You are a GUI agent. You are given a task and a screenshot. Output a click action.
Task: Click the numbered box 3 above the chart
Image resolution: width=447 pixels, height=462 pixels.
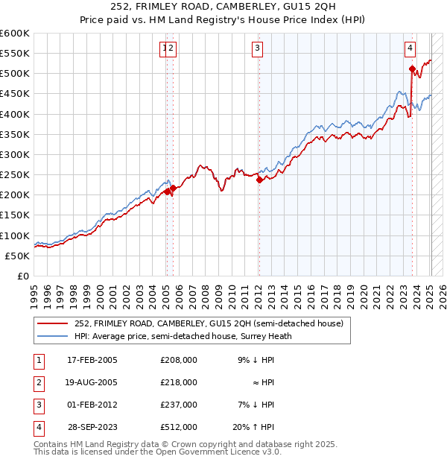257,49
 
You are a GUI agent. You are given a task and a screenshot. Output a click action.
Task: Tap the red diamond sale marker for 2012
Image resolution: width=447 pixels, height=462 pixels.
259,180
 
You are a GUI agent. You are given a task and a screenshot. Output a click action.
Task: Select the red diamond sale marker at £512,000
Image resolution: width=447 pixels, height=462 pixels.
412,69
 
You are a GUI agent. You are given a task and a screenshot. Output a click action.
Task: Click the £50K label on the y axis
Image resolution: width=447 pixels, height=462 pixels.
17,256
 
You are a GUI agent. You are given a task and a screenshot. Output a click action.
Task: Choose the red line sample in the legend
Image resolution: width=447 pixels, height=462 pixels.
53,324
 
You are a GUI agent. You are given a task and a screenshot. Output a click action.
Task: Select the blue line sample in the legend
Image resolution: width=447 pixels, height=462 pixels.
53,336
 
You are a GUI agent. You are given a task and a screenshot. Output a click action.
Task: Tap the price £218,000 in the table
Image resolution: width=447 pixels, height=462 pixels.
179,382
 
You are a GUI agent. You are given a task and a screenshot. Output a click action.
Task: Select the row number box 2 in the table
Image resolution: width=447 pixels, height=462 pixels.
37,382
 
